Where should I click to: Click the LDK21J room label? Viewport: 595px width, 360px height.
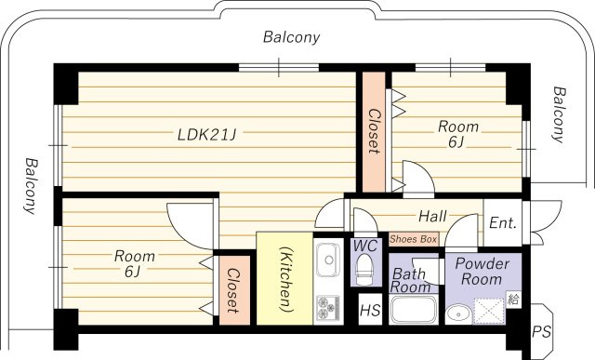[206, 134]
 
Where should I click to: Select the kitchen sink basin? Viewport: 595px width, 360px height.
[328, 260]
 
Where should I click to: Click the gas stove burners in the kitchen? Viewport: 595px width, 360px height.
[328, 307]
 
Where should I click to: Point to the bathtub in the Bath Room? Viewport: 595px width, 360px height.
[414, 310]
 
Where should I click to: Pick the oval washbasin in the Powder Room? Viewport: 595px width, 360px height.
[458, 314]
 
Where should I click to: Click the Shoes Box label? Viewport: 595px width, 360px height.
[414, 239]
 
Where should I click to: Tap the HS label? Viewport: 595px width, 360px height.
[370, 311]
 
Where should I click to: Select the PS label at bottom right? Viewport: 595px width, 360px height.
[541, 332]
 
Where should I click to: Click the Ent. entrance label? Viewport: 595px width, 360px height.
[503, 223]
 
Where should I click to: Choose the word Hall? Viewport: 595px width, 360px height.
[432, 217]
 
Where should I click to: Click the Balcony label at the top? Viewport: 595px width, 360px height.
[291, 37]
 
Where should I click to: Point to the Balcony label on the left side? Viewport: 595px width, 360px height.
[31, 186]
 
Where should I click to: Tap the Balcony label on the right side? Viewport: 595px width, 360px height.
[559, 114]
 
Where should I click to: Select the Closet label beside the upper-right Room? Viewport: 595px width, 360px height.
[374, 131]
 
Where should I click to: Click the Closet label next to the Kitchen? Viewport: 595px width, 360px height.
[232, 291]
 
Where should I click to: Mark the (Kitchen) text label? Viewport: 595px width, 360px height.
[285, 279]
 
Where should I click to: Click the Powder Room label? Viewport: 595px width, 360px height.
[482, 271]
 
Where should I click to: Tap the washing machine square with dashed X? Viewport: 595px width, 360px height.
[489, 311]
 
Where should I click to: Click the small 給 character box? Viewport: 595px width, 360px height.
[513, 300]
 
